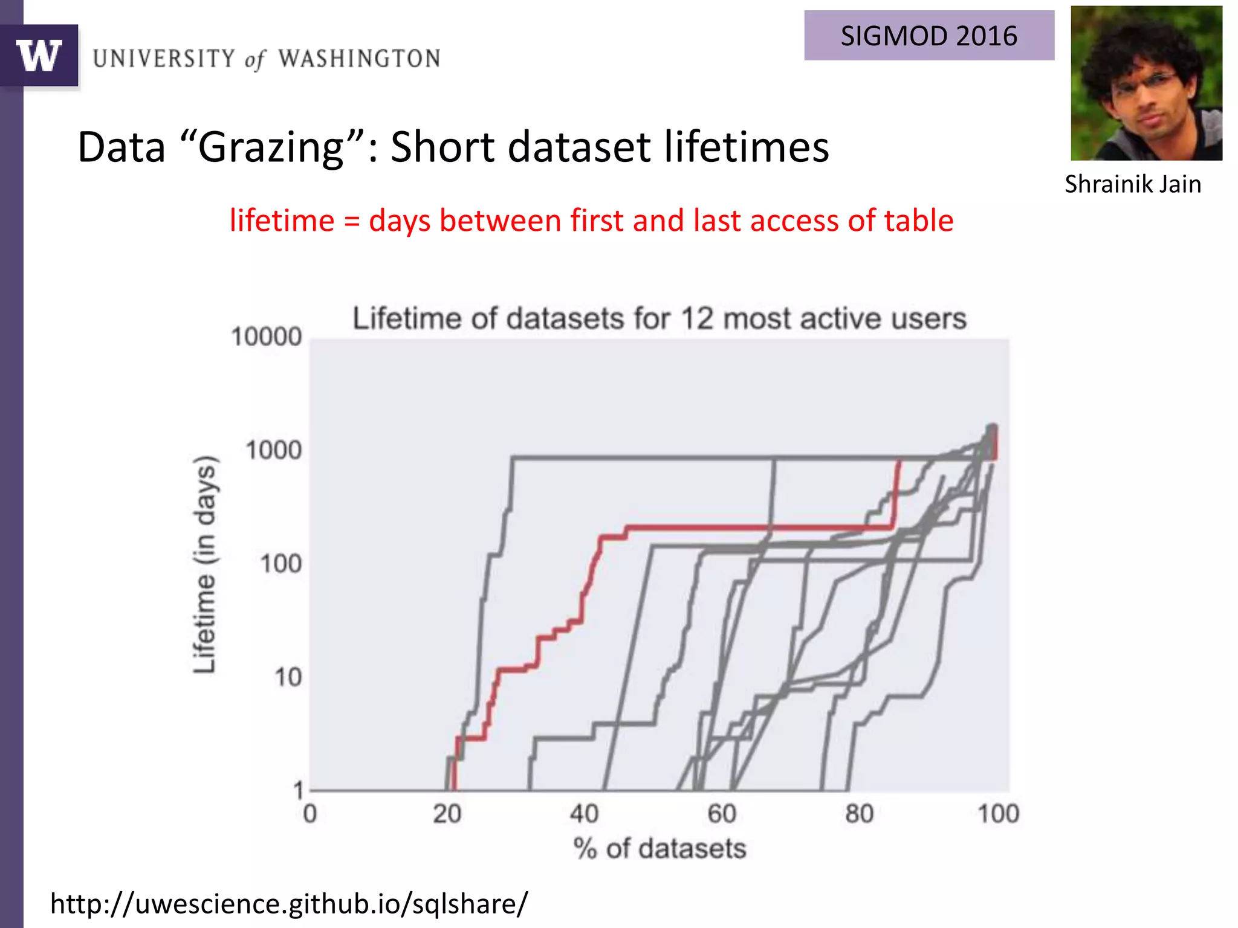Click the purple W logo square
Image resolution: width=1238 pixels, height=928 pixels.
coord(39,56)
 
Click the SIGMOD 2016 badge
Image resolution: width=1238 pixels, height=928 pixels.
coord(928,36)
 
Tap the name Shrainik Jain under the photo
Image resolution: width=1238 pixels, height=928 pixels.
coord(1132,184)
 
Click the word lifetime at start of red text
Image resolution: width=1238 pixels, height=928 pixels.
coord(282,221)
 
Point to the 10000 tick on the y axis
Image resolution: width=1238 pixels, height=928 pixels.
coord(266,337)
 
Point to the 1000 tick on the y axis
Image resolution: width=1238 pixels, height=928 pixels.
coord(273,451)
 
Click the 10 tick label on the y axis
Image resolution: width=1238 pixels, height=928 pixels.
coord(288,678)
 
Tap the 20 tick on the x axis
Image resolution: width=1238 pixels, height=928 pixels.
coord(447,814)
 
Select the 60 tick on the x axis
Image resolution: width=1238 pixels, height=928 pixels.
coord(722,814)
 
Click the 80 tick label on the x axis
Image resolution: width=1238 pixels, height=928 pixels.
coord(859,814)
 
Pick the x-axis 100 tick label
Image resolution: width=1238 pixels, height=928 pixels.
coord(998,814)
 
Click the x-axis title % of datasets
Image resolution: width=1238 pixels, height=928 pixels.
coord(660,849)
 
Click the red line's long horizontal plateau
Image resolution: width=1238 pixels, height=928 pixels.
coord(756,527)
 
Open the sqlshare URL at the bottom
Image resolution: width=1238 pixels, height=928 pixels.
coord(289,904)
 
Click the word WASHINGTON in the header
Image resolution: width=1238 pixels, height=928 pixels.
coord(359,59)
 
